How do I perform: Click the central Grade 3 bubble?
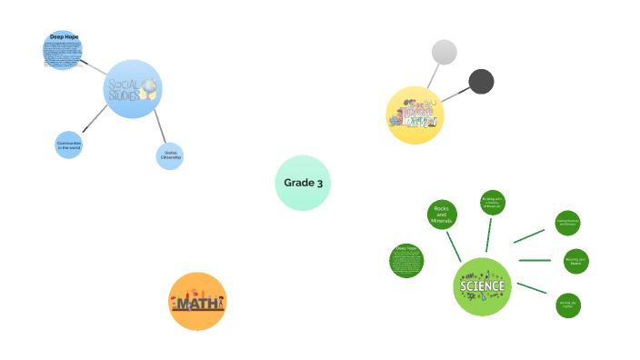[303, 183]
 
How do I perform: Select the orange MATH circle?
[197, 301]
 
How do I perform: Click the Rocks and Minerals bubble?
[442, 215]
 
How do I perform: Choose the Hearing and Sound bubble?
[576, 261]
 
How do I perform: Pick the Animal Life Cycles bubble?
[568, 305]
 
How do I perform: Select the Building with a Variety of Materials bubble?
[492, 203]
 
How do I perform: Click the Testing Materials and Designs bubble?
[567, 222]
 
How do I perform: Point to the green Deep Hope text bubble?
[406, 261]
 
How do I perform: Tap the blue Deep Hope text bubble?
[63, 51]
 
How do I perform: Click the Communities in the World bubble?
[69, 145]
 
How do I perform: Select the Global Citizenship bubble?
[170, 156]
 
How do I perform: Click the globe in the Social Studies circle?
[147, 88]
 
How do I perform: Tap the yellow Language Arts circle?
[415, 115]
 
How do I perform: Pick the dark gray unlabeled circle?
[481, 82]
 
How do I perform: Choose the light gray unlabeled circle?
[444, 53]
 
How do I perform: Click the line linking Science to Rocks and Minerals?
[454, 245]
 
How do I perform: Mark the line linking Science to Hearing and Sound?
[535, 261]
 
